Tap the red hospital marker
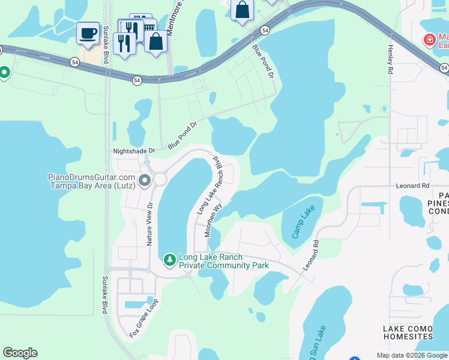click(x=429, y=40)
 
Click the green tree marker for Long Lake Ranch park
click(x=170, y=259)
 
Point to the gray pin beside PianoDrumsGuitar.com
click(x=145, y=180)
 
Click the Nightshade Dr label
click(x=134, y=151)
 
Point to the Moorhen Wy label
click(x=214, y=218)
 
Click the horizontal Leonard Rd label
click(x=412, y=186)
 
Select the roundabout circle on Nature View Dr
click(x=160, y=179)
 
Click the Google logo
click(x=20, y=353)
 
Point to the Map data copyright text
click(x=411, y=355)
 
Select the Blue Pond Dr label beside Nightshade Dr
click(x=182, y=136)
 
